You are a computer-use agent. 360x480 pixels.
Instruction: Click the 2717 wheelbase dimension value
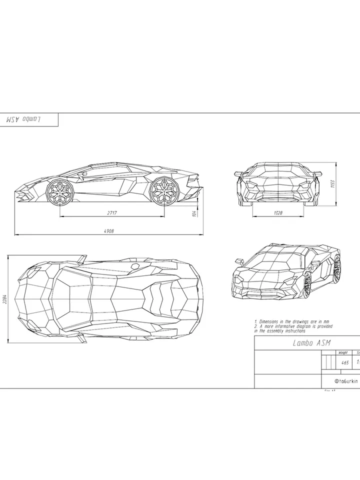point(111,212)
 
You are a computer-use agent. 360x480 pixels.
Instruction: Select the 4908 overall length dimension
point(109,230)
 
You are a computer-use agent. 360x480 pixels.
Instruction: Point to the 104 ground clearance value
point(194,213)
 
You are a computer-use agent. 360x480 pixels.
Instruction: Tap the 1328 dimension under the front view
point(278,212)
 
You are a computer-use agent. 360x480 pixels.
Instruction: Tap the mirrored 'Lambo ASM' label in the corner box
point(23,120)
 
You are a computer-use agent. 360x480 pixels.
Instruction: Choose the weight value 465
point(345,362)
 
